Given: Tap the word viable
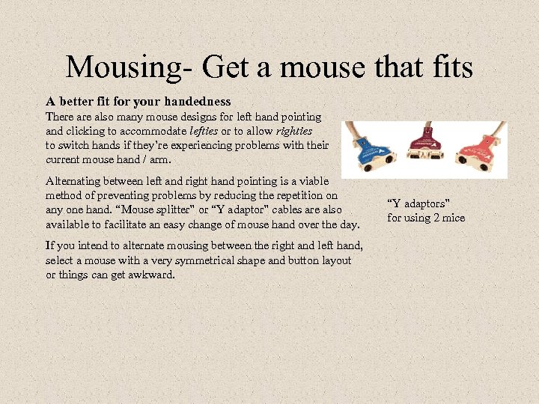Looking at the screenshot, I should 323,180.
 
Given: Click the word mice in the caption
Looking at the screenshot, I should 454,218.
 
